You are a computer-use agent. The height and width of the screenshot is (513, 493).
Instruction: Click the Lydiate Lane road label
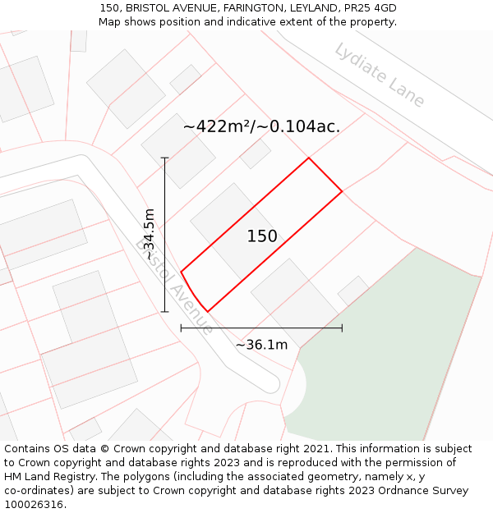[x=380, y=75]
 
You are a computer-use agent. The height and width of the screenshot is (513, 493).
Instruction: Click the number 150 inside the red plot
[x=262, y=236]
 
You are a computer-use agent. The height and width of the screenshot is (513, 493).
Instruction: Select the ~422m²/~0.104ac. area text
[x=261, y=126]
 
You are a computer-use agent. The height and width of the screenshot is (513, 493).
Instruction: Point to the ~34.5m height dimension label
[x=149, y=235]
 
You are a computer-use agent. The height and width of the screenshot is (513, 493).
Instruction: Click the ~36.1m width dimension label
[x=261, y=345]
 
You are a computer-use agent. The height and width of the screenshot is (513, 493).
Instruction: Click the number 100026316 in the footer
[x=33, y=504]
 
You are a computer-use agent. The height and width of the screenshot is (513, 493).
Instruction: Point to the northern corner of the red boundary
[x=308, y=158]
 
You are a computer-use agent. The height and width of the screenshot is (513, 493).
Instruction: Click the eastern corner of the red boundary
[x=342, y=192]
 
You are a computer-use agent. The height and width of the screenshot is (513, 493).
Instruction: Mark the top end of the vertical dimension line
[x=165, y=158]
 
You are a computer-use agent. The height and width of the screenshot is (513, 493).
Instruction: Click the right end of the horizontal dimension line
[x=342, y=328]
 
